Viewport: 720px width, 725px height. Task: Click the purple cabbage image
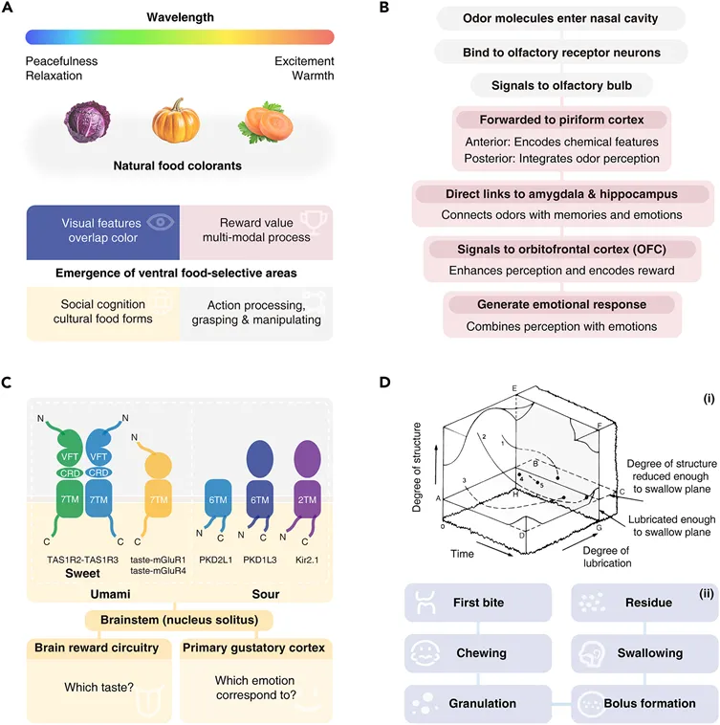87,121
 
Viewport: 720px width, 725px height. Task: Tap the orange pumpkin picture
176,121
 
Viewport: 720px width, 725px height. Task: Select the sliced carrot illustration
266,122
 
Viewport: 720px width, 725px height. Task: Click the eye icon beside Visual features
161,223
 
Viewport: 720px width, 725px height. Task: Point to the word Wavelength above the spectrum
180,17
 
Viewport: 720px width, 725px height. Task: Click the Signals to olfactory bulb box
561,85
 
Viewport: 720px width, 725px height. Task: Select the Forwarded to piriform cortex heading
561,120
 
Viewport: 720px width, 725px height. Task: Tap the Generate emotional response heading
561,304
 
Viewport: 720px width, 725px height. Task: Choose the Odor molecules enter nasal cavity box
560,18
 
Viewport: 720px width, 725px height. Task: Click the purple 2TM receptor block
307,499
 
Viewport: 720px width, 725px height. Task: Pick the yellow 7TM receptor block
159,499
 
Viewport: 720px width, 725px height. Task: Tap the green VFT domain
70,450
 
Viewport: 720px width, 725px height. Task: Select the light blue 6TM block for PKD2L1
218,499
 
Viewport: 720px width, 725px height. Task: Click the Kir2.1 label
307,560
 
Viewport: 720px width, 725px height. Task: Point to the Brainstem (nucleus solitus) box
180,620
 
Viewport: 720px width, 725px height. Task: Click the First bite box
478,603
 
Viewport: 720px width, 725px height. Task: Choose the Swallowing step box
644,653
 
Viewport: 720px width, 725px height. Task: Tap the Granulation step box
478,703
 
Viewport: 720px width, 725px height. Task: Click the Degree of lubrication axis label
607,557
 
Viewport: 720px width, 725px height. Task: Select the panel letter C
7,383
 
